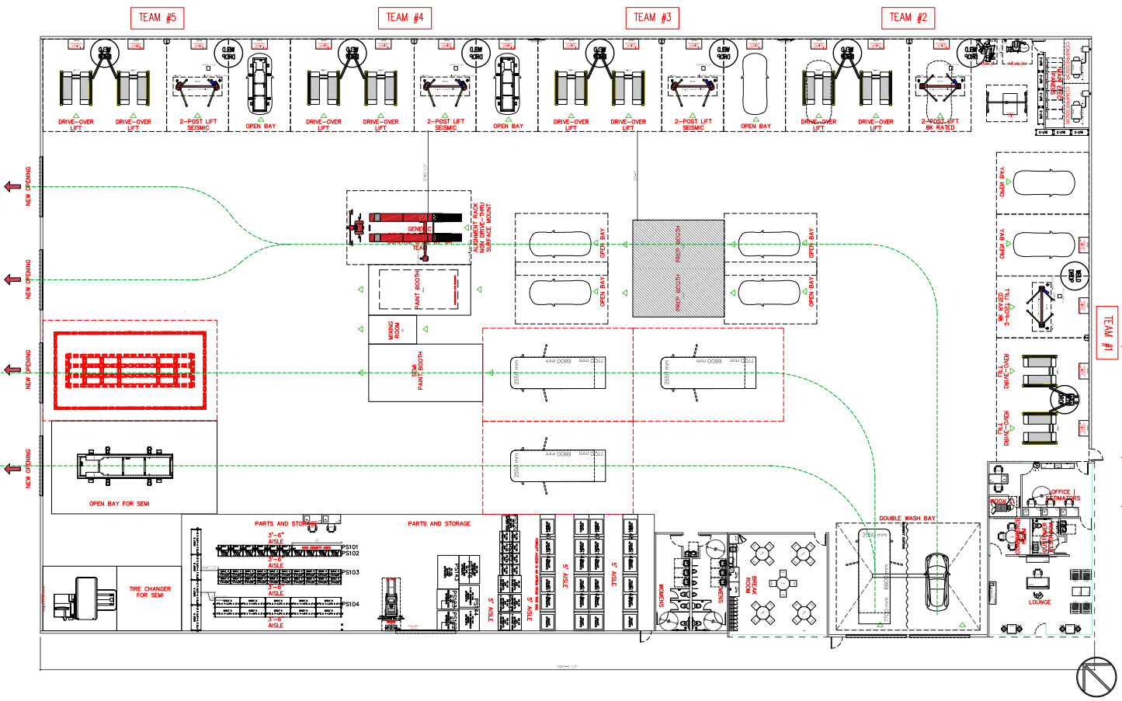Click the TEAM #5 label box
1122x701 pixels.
pyautogui.click(x=157, y=18)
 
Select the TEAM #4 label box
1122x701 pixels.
pyautogui.click(x=405, y=18)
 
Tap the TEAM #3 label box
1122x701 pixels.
pyautogui.click(x=652, y=18)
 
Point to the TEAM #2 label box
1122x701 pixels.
pyautogui.click(x=908, y=18)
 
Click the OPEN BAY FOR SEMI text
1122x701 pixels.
pyautogui.click(x=119, y=504)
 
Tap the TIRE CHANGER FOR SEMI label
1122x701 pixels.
pyautogui.click(x=150, y=592)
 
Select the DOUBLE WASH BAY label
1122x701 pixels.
pyautogui.click(x=907, y=519)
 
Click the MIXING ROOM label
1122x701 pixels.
pyautogui.click(x=393, y=331)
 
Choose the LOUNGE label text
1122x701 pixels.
pyautogui.click(x=1040, y=602)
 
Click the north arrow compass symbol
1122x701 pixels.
pyautogui.click(x=1096, y=677)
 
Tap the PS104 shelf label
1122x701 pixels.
pyautogui.click(x=350, y=604)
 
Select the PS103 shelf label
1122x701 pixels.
pyautogui.click(x=350, y=572)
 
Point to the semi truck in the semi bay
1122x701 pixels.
pyautogui.click(x=124, y=466)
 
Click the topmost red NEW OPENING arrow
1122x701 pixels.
pyautogui.click(x=12, y=186)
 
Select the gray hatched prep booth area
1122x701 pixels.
pyautogui.click(x=678, y=269)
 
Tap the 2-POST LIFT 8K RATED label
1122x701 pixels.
pyautogui.click(x=940, y=125)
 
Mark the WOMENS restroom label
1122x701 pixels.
pyautogui.click(x=662, y=595)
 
